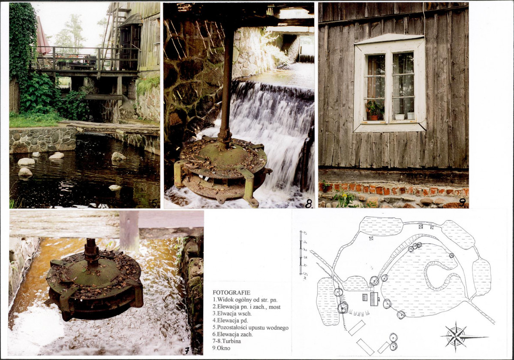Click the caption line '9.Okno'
point(221,348)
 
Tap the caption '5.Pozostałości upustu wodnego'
point(250,327)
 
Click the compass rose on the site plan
point(456,336)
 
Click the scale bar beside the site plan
point(301,253)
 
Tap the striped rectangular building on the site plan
point(374,299)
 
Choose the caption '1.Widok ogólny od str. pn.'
point(245,299)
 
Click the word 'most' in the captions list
point(274,307)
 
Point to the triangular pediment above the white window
point(389,39)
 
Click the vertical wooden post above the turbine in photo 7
point(129,231)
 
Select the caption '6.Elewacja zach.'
point(232,334)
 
